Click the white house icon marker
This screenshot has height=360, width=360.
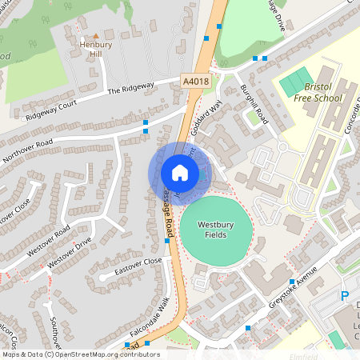(179, 173)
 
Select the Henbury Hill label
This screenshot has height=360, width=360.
(95, 50)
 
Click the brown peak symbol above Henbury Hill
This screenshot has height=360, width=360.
(95, 36)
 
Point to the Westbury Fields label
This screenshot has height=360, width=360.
(216, 231)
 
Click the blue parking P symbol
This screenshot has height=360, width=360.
(346, 296)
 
